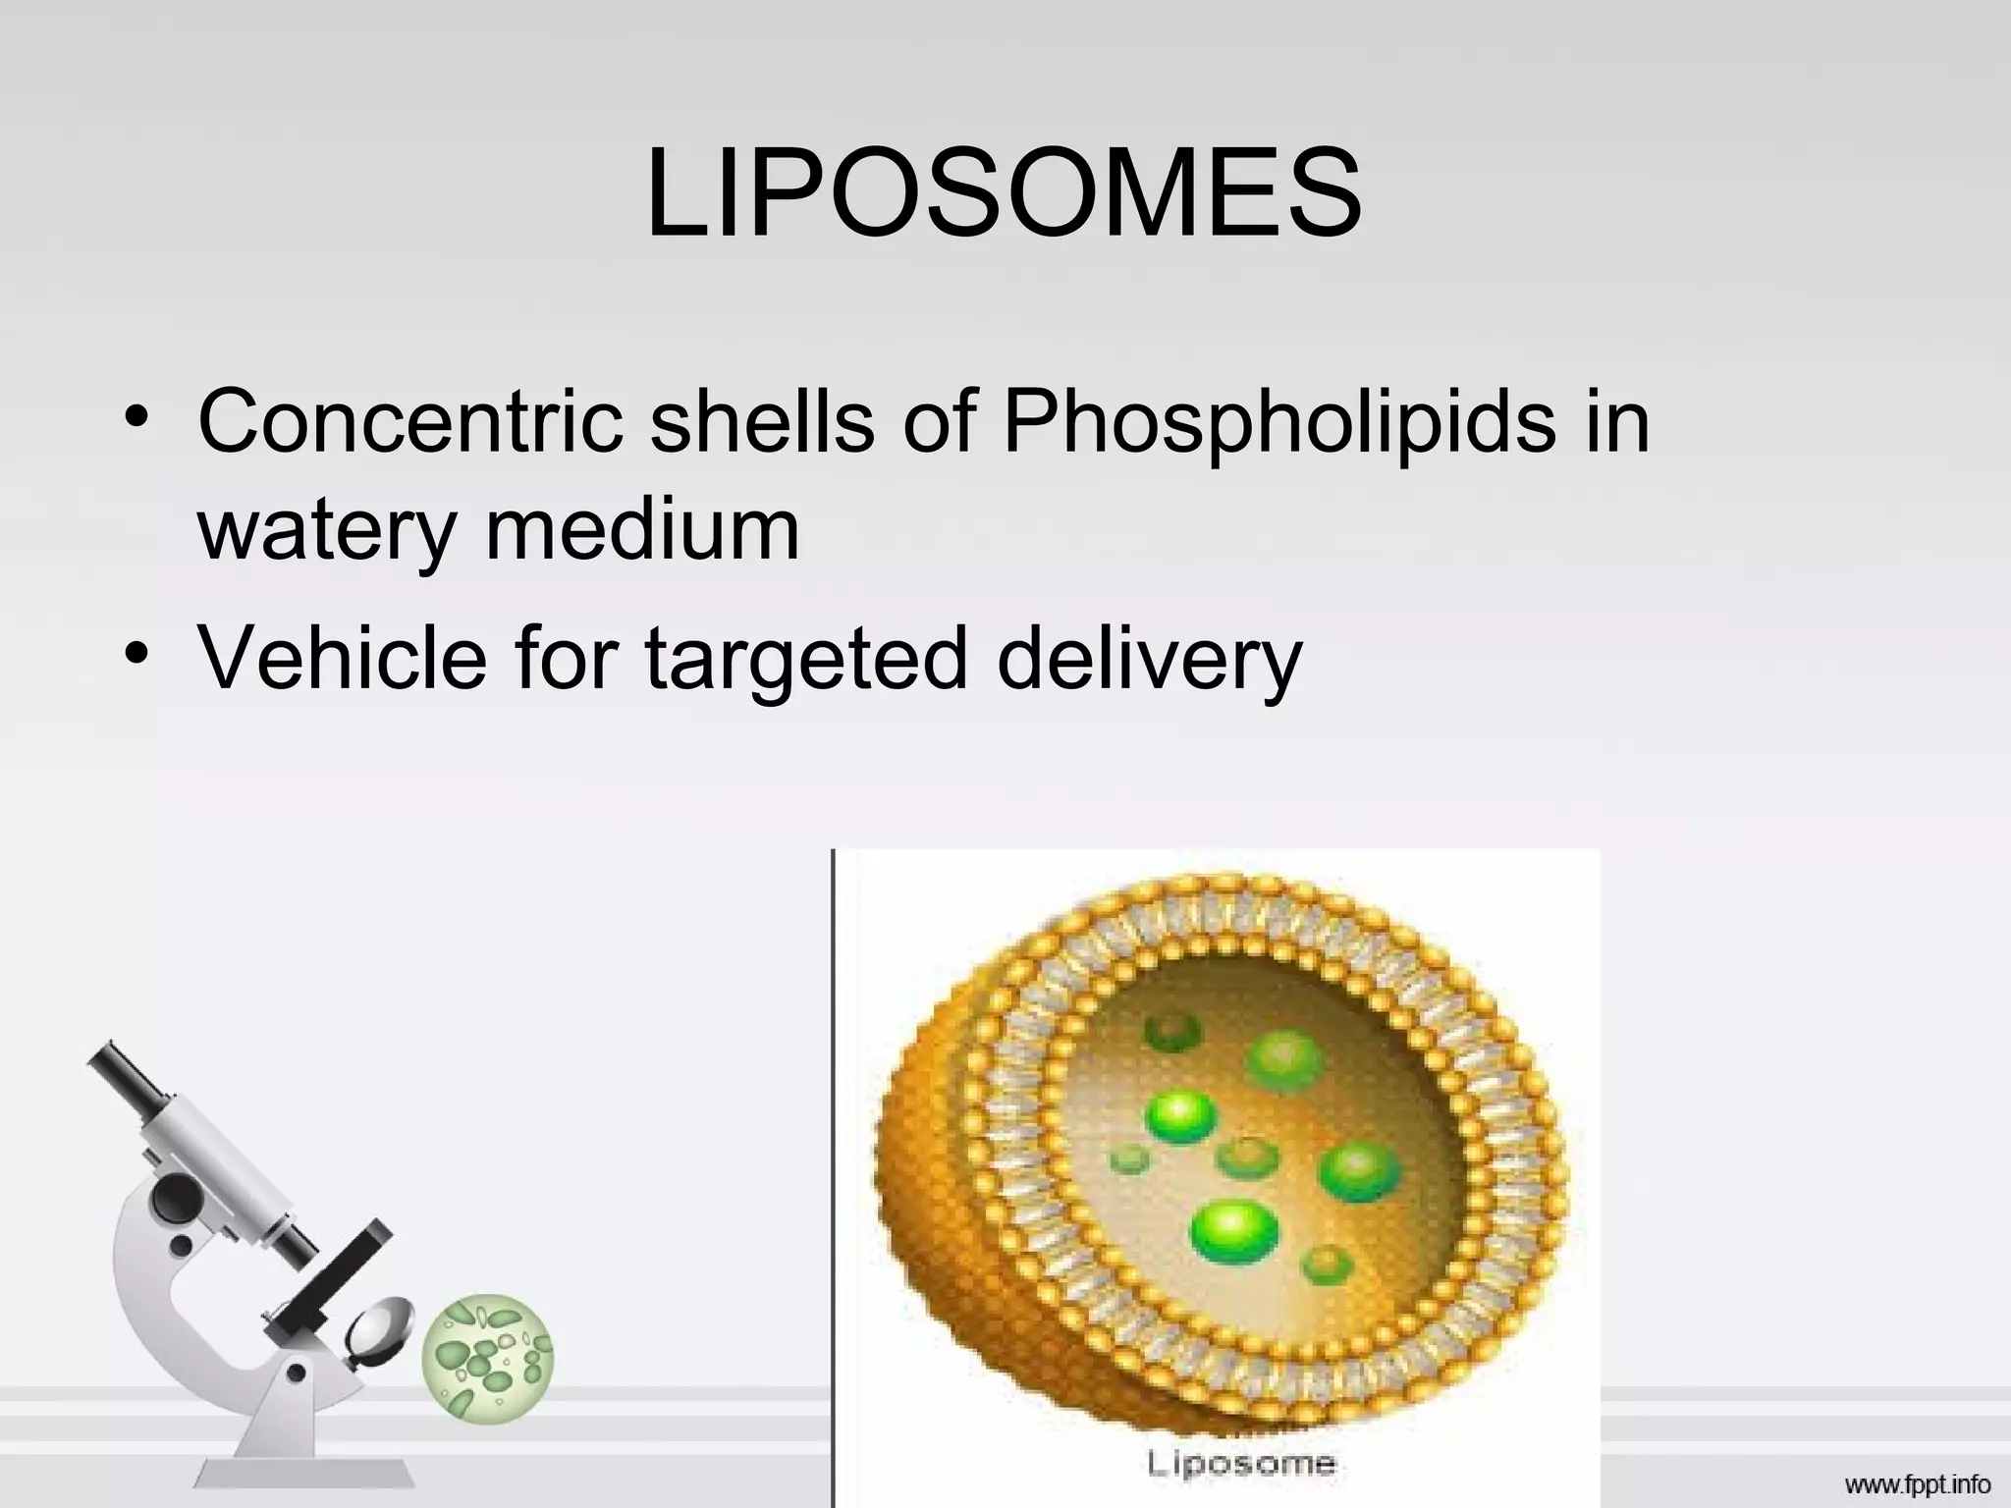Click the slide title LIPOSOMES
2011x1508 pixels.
1004,193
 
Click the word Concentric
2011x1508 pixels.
409,420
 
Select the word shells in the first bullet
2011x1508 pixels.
762,420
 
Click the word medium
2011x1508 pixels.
642,528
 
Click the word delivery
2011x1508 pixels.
1149,660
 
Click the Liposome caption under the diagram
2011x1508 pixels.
1241,1464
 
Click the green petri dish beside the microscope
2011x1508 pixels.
487,1356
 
